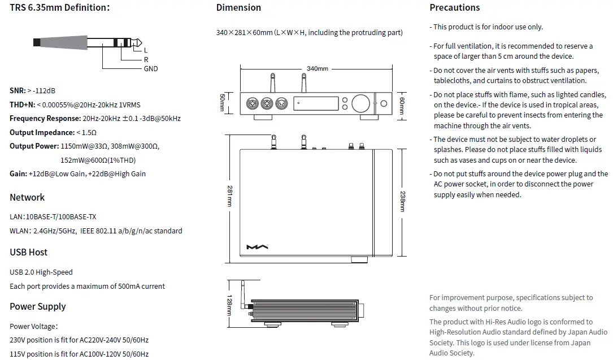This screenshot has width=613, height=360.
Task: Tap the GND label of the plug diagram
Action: pos(151,68)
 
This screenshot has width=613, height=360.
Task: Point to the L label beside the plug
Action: pos(146,50)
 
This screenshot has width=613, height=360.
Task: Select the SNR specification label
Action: pos(17,90)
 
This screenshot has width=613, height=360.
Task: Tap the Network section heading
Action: pos(27,197)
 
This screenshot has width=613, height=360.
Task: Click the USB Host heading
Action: pos(29,252)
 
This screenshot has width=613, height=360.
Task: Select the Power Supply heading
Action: pos(38,306)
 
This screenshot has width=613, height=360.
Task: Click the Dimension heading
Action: pos(238,8)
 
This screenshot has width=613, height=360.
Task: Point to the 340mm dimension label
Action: pos(318,69)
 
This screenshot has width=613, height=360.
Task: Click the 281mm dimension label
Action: pos(230,195)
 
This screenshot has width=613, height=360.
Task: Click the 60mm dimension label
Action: pos(402,104)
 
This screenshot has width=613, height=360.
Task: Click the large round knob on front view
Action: pos(360,103)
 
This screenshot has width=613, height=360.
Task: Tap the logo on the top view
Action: pos(258,247)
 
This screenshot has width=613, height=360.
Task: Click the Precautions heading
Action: pos(454,8)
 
